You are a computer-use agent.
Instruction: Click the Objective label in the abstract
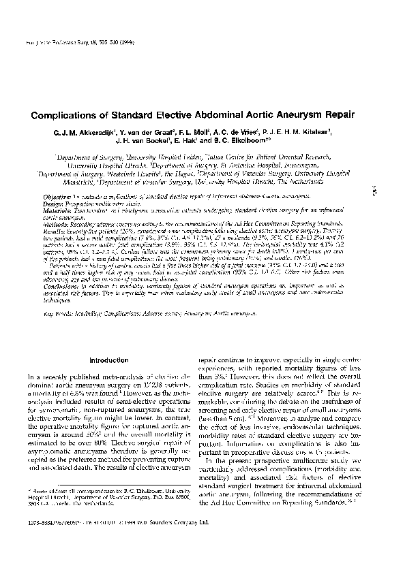(x=59, y=195)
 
